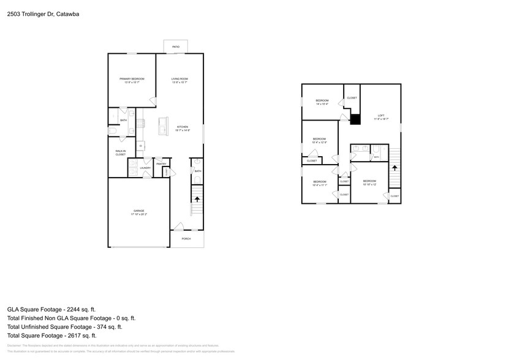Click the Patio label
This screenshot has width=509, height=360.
(176, 47)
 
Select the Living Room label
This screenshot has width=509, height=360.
(179, 80)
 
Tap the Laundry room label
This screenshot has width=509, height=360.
(145, 167)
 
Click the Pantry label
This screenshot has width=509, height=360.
(161, 164)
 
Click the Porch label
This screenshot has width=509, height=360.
(186, 239)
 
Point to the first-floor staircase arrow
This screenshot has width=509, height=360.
(197, 198)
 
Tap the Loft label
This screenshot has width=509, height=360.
(380, 116)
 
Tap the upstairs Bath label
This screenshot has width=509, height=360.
(377, 157)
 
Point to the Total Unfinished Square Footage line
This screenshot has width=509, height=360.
(71, 327)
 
